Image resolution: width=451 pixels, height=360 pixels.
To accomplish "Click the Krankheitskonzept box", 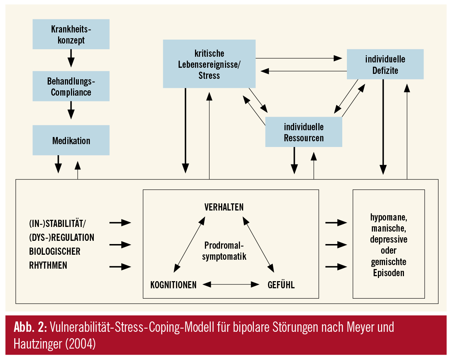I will (x=71, y=34).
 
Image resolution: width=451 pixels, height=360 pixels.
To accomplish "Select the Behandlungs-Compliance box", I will (x=71, y=86).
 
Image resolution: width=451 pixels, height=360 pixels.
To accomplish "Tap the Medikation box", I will (x=71, y=140).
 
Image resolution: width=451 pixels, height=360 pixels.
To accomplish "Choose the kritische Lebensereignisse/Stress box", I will (x=209, y=64).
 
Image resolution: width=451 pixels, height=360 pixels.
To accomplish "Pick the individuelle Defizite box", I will (x=385, y=65).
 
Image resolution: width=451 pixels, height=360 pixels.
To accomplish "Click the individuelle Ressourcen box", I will (x=304, y=132).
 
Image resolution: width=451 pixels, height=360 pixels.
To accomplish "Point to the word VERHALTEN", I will (x=224, y=207).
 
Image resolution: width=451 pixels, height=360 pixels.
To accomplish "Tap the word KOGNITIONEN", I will (x=173, y=285).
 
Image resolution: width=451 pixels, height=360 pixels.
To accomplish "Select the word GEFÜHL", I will (x=281, y=285).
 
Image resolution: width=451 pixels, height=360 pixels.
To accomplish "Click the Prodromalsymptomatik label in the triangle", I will (x=224, y=251).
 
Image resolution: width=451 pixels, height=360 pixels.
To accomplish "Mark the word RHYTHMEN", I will (x=48, y=265).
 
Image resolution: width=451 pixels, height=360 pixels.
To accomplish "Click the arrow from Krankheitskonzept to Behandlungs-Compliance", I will (x=71, y=58).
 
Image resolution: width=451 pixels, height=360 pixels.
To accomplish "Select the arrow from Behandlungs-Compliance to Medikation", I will (x=71, y=110).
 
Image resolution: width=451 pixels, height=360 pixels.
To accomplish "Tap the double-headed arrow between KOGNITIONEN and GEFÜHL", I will (x=231, y=284).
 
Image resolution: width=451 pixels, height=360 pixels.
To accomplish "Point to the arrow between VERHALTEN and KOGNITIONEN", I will (x=189, y=245).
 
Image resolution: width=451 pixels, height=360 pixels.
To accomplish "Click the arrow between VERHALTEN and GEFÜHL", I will (x=258, y=245).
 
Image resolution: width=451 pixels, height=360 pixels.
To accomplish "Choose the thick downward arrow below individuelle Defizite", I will (x=383, y=127).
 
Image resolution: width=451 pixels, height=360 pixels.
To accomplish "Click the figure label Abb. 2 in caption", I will (x=30, y=327).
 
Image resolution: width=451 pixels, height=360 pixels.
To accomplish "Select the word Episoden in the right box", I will (x=389, y=273).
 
